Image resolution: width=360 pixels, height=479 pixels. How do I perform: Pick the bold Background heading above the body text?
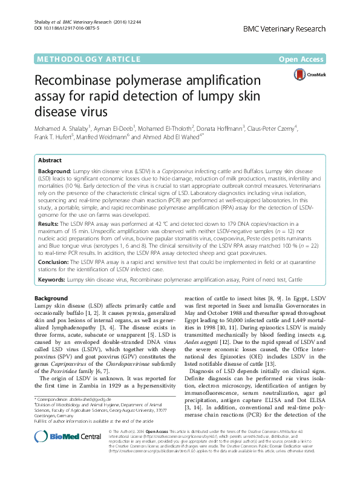pos(51,299)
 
